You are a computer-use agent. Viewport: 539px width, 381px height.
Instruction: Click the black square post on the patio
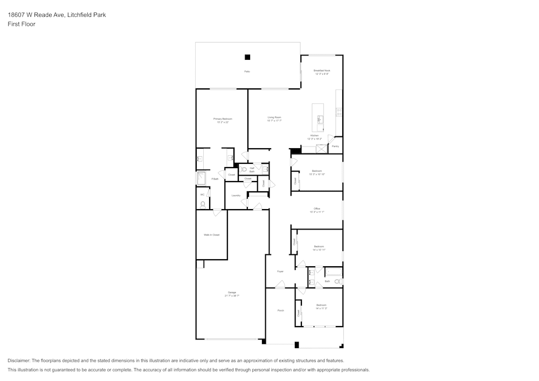click(247, 57)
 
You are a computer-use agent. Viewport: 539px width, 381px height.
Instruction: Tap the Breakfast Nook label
click(322, 71)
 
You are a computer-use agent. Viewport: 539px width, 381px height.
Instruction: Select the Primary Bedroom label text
click(223, 119)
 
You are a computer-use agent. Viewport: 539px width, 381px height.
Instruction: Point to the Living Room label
click(274, 117)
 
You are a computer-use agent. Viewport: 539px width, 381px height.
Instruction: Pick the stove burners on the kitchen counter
click(339, 112)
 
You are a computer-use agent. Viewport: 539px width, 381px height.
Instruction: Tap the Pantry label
click(335, 146)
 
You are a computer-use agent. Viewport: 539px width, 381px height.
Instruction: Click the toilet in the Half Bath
click(244, 169)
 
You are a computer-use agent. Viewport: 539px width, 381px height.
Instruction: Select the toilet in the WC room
click(203, 204)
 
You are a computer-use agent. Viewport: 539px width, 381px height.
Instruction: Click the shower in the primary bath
click(201, 178)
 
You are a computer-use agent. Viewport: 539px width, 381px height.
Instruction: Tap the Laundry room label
click(236, 195)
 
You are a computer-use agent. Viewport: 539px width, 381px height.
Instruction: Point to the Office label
click(317, 209)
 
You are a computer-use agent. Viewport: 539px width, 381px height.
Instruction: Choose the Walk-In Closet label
click(211, 235)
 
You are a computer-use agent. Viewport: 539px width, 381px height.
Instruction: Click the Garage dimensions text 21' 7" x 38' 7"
click(232, 296)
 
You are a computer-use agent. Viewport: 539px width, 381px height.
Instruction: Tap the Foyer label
click(280, 272)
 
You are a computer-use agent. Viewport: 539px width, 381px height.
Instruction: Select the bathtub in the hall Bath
click(334, 271)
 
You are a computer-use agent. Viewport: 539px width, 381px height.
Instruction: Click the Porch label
click(280, 310)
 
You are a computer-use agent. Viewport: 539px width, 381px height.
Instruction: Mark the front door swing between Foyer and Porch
click(280, 285)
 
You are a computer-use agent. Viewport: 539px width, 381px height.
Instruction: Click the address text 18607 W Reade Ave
click(36, 15)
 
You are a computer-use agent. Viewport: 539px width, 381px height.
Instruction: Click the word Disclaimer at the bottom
click(19, 361)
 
